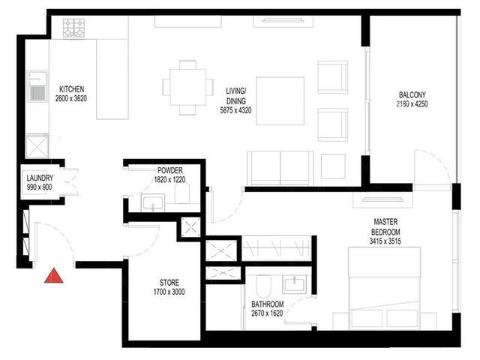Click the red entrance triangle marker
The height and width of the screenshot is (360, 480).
click(x=54, y=276)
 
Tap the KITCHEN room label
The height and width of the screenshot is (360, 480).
click(x=71, y=89)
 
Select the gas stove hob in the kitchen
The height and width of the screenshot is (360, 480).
click(x=73, y=28)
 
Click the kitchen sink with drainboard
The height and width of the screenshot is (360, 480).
click(x=37, y=86)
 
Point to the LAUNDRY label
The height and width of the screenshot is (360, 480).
click(x=40, y=178)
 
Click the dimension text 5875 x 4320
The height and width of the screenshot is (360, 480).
click(x=235, y=110)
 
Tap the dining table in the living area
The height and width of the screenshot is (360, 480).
click(x=188, y=88)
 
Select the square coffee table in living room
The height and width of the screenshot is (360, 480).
click(x=280, y=101)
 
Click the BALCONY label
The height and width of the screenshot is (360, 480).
click(x=412, y=94)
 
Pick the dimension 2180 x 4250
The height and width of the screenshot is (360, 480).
click(x=412, y=103)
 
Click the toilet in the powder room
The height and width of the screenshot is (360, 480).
click(x=182, y=193)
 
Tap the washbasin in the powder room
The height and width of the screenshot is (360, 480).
click(x=153, y=202)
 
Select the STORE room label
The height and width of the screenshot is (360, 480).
click(x=169, y=282)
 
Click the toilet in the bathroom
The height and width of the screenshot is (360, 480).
click(x=263, y=286)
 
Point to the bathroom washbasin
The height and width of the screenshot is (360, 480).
click(x=294, y=285)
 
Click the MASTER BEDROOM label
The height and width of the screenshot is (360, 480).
click(x=385, y=226)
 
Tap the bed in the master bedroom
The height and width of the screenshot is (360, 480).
click(x=385, y=288)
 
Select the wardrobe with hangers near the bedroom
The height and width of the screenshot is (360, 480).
click(x=277, y=248)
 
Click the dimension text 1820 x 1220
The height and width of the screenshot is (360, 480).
click(x=169, y=180)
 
